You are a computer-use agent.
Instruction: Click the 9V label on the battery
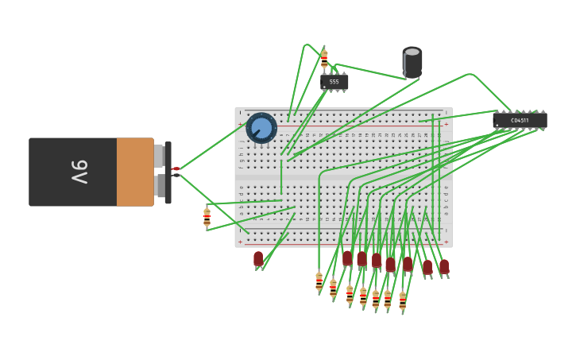pyautogui.click(x=79, y=172)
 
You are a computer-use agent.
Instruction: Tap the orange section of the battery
pyautogui.click(x=134, y=172)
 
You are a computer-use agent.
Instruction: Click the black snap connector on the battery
pyautogui.click(x=168, y=172)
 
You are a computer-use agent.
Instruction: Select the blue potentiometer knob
pyautogui.click(x=261, y=128)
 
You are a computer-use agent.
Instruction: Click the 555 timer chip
pyautogui.click(x=334, y=82)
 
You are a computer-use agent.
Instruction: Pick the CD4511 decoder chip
pyautogui.click(x=520, y=120)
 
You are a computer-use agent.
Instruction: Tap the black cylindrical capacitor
pyautogui.click(x=412, y=64)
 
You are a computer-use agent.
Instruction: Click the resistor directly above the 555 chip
pyautogui.click(x=324, y=59)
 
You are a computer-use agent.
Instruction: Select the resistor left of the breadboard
pyautogui.click(x=207, y=217)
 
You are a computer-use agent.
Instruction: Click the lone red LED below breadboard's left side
pyautogui.click(x=258, y=259)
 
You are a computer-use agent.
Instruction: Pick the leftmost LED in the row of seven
pyautogui.click(x=347, y=258)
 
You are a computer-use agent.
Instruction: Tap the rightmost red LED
pyautogui.click(x=444, y=267)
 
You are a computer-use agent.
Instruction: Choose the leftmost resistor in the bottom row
pyautogui.click(x=319, y=282)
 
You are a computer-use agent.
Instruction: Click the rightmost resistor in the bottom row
pyautogui.click(x=402, y=301)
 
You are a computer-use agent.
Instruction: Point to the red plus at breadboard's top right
pyautogui.click(x=446, y=124)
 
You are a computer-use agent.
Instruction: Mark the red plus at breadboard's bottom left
pyautogui.click(x=240, y=242)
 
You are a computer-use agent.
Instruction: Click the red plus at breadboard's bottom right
pyautogui.click(x=446, y=242)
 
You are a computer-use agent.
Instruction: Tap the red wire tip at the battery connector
pyautogui.click(x=176, y=168)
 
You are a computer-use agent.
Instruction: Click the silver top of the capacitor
pyautogui.click(x=412, y=52)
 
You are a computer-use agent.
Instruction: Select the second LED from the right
pyautogui.click(x=427, y=268)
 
